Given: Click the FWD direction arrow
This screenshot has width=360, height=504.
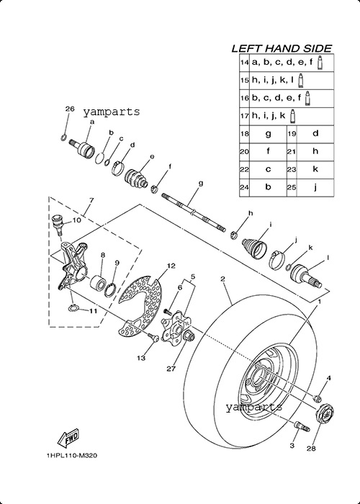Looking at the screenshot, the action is tap(68, 438).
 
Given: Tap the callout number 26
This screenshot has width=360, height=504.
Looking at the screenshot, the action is tap(70, 109).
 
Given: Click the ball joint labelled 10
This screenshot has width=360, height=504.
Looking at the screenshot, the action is tap(58, 224).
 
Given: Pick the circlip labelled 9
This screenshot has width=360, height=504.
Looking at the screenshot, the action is tap(109, 289).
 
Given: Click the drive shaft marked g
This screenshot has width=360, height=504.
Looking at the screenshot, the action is tap(194, 212).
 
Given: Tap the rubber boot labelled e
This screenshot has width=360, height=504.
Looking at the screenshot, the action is tap(137, 177).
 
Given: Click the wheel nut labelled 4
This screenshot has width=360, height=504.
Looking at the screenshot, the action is tap(318, 398).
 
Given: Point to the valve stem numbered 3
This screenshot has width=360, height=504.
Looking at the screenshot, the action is tap(302, 426).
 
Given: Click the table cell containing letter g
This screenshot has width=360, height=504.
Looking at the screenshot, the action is tap(268, 133).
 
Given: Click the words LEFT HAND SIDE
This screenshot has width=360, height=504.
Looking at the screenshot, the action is tap(282, 48).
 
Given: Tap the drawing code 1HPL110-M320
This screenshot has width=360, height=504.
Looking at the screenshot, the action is tap(72, 456).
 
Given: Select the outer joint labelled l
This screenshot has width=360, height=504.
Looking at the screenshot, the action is tap(306, 276).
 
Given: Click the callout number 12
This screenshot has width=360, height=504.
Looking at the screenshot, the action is tap(171, 266).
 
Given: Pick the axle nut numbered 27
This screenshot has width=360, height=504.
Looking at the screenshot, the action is tap(189, 336).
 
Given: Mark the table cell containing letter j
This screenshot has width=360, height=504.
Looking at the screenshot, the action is tap(315, 187).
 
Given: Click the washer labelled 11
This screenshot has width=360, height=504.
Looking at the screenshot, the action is tap(74, 308).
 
